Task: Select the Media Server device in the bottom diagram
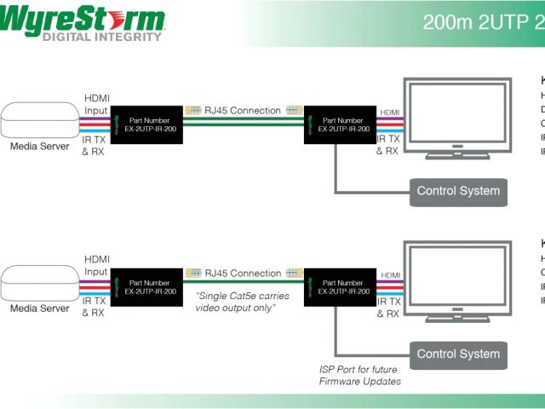coord(40,283)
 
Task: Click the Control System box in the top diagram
coord(458,191)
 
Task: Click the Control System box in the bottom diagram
coord(458,354)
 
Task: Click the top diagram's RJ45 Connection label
coord(243,111)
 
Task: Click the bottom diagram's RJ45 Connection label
coord(243,274)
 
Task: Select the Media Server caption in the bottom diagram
coord(40,308)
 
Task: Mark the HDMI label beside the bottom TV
coord(389,275)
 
